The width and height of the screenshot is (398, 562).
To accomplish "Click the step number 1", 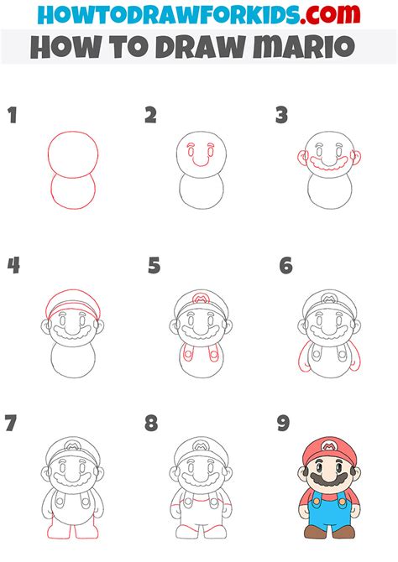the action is (13, 115).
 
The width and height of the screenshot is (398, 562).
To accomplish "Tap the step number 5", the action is (154, 266).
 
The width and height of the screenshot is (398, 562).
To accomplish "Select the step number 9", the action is (283, 423).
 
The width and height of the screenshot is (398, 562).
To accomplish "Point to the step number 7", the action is (10, 423).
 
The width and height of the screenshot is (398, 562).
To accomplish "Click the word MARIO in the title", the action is (304, 47).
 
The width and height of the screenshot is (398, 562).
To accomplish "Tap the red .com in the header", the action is (330, 14).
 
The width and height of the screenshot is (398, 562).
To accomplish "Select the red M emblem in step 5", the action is (201, 298).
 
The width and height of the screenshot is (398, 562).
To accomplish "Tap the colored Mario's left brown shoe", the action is (316, 532).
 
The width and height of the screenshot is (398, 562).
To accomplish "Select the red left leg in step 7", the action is (60, 526).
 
